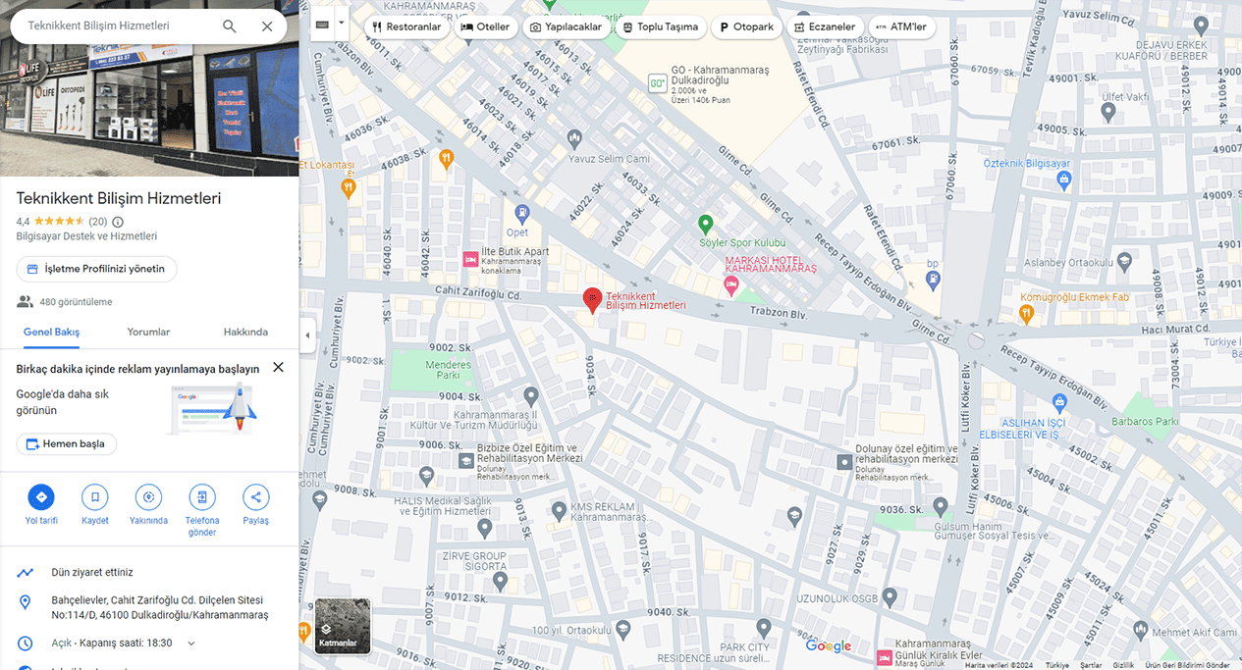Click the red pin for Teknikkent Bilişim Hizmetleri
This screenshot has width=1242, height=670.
tap(592, 299)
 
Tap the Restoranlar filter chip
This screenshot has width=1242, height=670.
tap(406, 26)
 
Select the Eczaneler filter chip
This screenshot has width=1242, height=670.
tap(825, 26)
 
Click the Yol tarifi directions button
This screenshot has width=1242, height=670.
tap(41, 497)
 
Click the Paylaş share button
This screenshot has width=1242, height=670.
tap(255, 497)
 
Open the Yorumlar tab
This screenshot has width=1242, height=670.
tap(148, 332)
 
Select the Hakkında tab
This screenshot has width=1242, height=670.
tap(245, 332)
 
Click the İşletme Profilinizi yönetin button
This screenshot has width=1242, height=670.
tap(97, 269)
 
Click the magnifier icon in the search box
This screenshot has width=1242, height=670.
tap(230, 26)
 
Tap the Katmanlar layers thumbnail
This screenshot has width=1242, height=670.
tap(343, 626)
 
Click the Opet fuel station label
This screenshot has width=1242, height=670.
tap(517, 232)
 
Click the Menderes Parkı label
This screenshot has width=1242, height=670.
tap(448, 370)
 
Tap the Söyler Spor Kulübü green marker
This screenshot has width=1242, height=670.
tap(705, 224)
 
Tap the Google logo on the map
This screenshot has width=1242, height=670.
tap(829, 644)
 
